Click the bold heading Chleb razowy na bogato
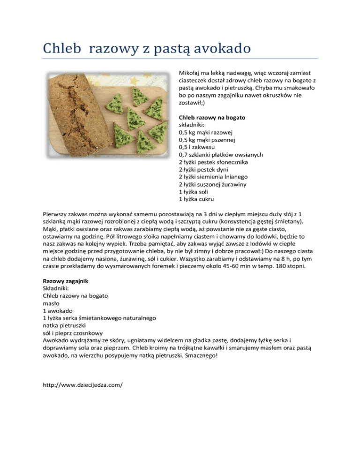pos(212,117)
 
